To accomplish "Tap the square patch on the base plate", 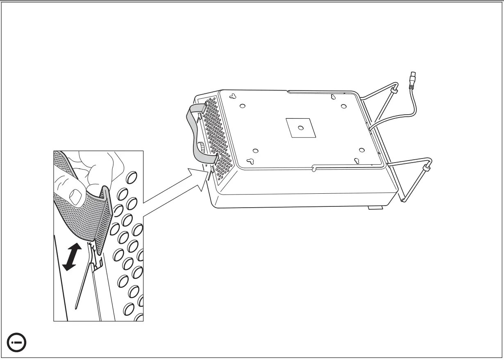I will [300, 127].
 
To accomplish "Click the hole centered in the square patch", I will [301, 128].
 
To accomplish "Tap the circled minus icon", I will [17, 342].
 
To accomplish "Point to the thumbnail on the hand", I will [76, 196].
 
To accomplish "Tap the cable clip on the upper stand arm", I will [394, 89].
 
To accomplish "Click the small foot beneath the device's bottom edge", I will [375, 207].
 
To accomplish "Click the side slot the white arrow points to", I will [209, 175].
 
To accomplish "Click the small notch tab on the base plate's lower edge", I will [313, 168].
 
